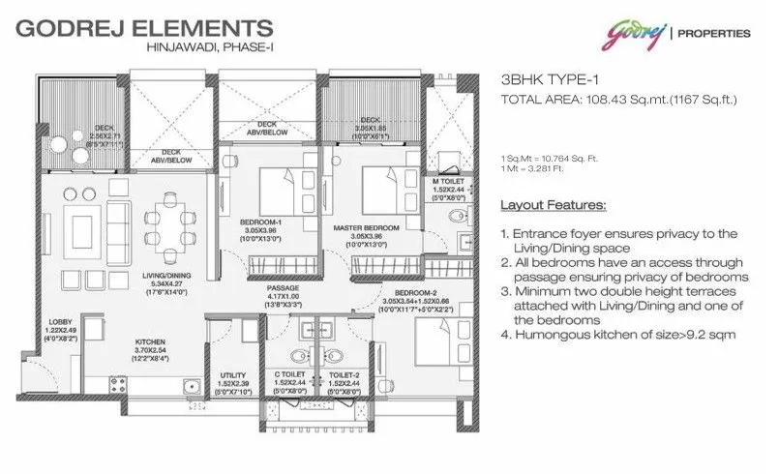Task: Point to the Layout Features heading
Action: click(x=553, y=206)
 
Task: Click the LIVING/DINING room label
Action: click(x=166, y=276)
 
